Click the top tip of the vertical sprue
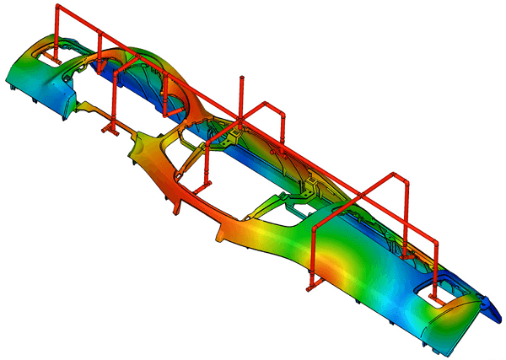(x=243, y=78)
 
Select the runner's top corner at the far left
(x=58, y=8)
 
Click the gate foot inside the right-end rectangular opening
(x=434, y=296)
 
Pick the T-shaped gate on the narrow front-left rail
(x=110, y=128)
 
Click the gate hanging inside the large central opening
(x=205, y=180)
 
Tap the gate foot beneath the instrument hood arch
(x=170, y=110)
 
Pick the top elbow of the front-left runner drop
(x=111, y=73)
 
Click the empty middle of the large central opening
(x=223, y=173)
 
